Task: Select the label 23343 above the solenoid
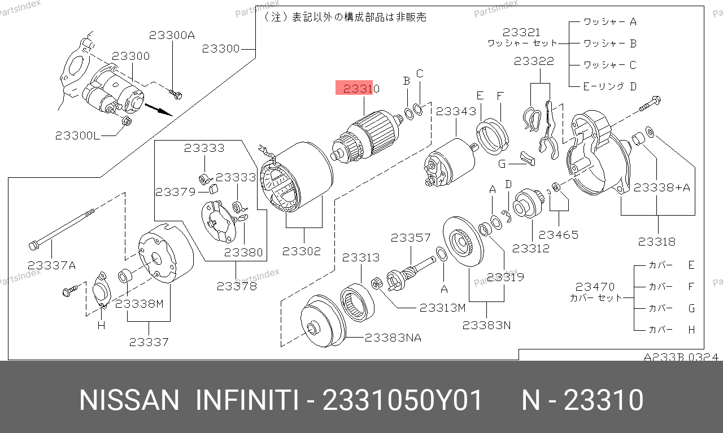click(456, 112)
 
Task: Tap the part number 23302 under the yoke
click(302, 251)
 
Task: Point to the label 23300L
click(77, 135)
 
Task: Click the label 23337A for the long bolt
click(51, 265)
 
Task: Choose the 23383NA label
click(393, 338)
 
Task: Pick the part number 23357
click(411, 238)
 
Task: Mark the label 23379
click(176, 193)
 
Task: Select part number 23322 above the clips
click(534, 61)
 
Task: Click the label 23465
click(559, 235)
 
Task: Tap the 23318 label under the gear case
click(657, 242)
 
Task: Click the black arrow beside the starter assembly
click(159, 110)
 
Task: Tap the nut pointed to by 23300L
click(127, 121)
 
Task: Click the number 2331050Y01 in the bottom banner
click(402, 400)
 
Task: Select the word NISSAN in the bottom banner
click(129, 400)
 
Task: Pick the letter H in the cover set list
click(691, 330)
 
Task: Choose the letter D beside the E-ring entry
click(633, 86)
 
